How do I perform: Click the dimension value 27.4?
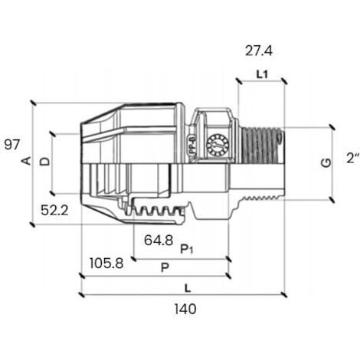[259, 51]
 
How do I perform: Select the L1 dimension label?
[262, 74]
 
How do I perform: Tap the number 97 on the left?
[12, 145]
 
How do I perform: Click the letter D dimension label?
[45, 162]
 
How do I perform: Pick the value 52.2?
[54, 211]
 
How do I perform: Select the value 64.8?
[159, 241]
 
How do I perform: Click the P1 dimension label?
[187, 249]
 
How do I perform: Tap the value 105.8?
[106, 263]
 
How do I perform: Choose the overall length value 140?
[185, 309]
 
